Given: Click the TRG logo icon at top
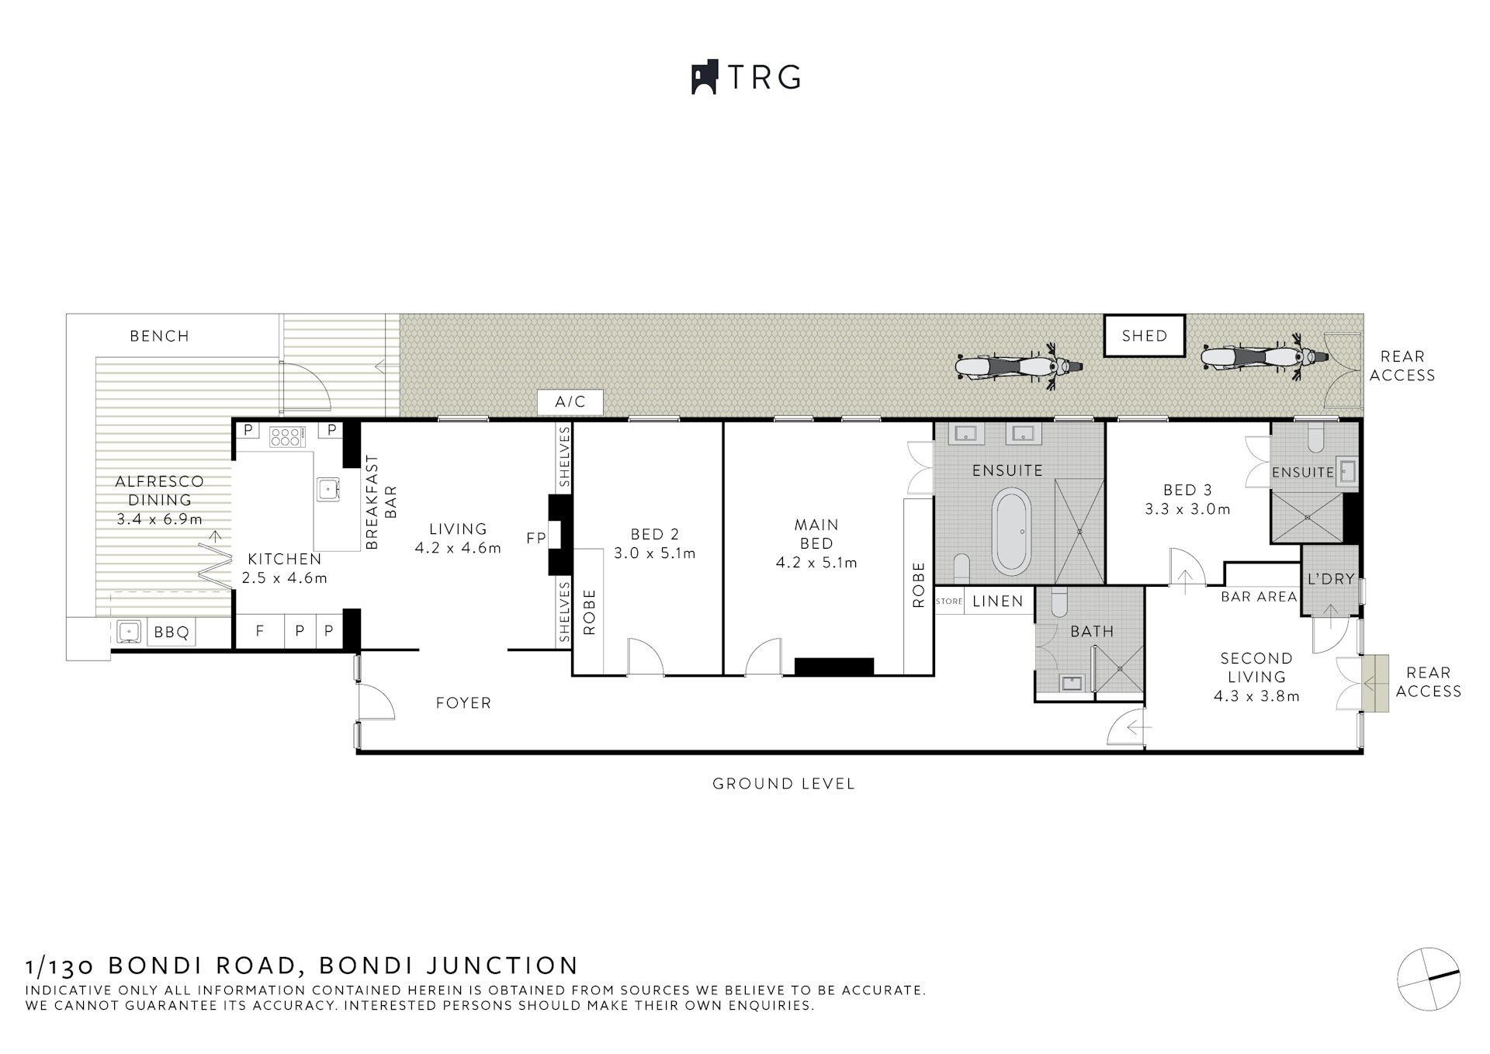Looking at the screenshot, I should point(703,78).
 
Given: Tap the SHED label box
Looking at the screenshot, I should point(1145,336).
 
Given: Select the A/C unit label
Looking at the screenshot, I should point(570,402).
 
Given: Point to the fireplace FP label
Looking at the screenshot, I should point(535,538).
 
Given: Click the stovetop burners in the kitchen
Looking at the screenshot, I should point(285,437).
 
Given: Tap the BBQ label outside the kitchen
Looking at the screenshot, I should point(172,633).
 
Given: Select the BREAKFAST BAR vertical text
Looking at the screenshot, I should point(381,502).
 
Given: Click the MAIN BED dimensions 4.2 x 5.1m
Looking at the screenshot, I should point(816,563).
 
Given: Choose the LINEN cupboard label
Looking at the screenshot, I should point(998,601).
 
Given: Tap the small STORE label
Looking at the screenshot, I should point(949,602).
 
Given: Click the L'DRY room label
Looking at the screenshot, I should point(1330,579).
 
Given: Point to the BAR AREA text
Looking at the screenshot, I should point(1259,597).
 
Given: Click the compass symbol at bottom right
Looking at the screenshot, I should point(1428,979).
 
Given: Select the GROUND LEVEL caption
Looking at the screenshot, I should point(784,784).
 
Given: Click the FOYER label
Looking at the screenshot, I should point(463,703).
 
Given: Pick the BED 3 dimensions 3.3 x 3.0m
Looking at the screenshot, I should point(1187,510).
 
